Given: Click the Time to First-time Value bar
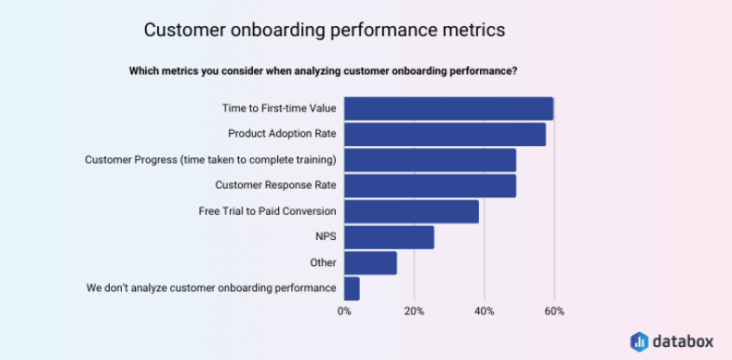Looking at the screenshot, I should [448, 108].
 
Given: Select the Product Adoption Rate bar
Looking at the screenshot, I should [445, 134].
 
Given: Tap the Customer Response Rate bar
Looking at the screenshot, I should [430, 185].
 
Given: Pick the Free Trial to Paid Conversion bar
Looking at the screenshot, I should [411, 211].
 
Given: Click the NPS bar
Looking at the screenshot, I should [389, 237].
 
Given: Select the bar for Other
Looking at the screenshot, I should [370, 263].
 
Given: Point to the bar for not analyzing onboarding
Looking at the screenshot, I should [352, 288].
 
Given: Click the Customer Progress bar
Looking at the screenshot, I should [430, 160].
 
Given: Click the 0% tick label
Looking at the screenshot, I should [344, 311].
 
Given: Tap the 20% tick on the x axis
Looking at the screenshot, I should [414, 311].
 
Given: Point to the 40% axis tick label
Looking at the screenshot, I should [484, 311].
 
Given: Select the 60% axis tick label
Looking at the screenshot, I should [554, 311].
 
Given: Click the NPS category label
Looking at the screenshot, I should [326, 237].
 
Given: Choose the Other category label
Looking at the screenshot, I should [323, 263].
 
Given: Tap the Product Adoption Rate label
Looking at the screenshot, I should [282, 134].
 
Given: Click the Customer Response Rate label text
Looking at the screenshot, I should [275, 185].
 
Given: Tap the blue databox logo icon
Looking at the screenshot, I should [639, 340].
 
